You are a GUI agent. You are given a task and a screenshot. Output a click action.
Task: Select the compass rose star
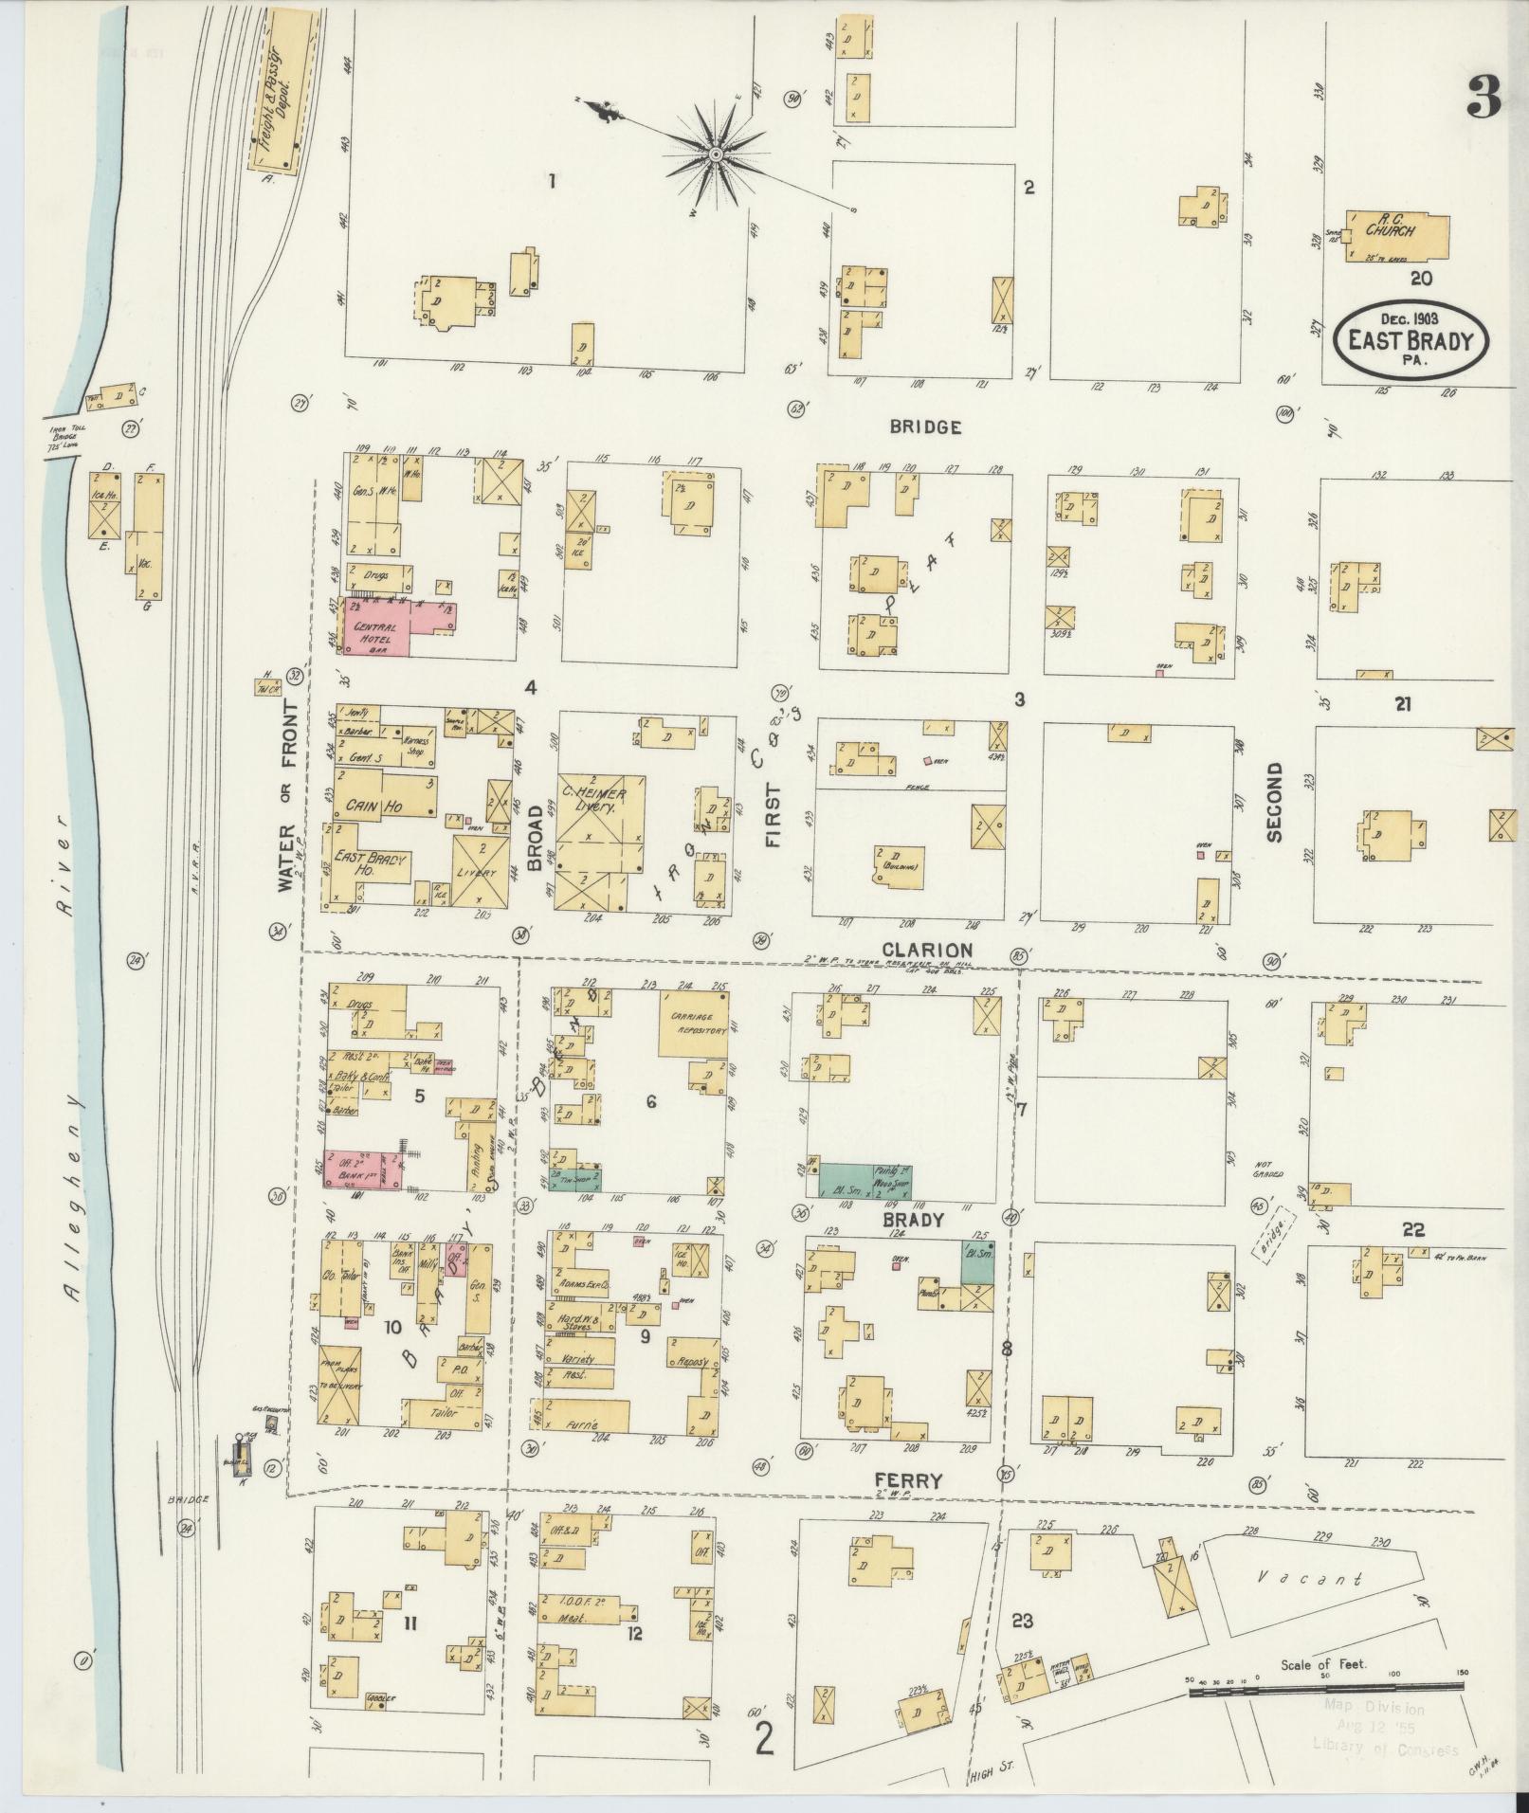click(717, 154)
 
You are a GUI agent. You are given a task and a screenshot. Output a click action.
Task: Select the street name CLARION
click(926, 950)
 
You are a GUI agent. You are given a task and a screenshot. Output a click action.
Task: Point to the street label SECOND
click(1272, 802)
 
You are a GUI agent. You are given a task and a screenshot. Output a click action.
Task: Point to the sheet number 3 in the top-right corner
click(1483, 98)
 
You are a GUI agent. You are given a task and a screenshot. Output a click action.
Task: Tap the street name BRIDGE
click(925, 427)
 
